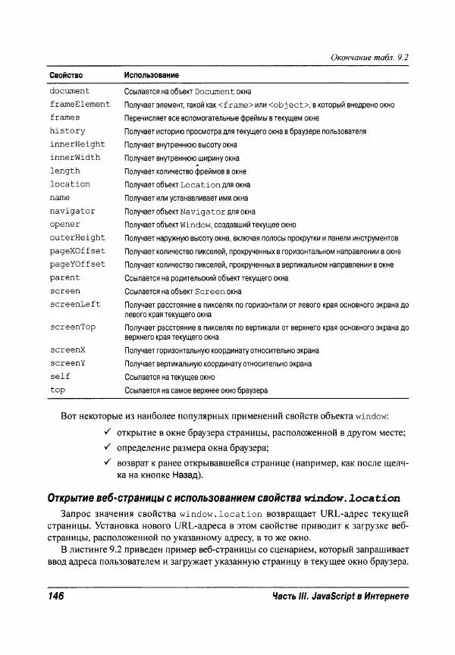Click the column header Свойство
66,77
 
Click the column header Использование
152,77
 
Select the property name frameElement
80,105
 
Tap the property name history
67,131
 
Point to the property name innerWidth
75,158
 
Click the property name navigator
73,211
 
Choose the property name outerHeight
77,238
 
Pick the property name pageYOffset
77,265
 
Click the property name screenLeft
75,304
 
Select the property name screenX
67,351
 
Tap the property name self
60,377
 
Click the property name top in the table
58,390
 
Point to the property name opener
65,224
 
